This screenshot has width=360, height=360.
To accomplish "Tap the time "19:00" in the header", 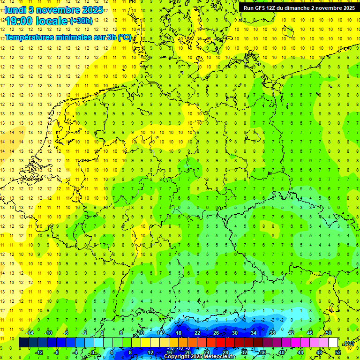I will click(x=22, y=21).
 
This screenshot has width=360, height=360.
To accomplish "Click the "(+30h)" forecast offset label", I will click(x=81, y=21).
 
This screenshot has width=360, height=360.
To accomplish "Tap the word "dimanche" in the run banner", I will click(x=296, y=8).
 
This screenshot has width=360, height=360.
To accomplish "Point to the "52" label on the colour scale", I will click(x=338, y=352).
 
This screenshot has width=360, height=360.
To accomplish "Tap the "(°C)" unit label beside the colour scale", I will click(x=349, y=344).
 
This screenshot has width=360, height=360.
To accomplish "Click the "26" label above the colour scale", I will click(x=216, y=333).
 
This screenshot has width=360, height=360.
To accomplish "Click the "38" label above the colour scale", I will click(x=272, y=333).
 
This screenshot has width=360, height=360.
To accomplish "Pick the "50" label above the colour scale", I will click(x=329, y=333).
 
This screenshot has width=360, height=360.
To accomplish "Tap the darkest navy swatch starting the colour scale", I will click(x=23, y=343).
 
